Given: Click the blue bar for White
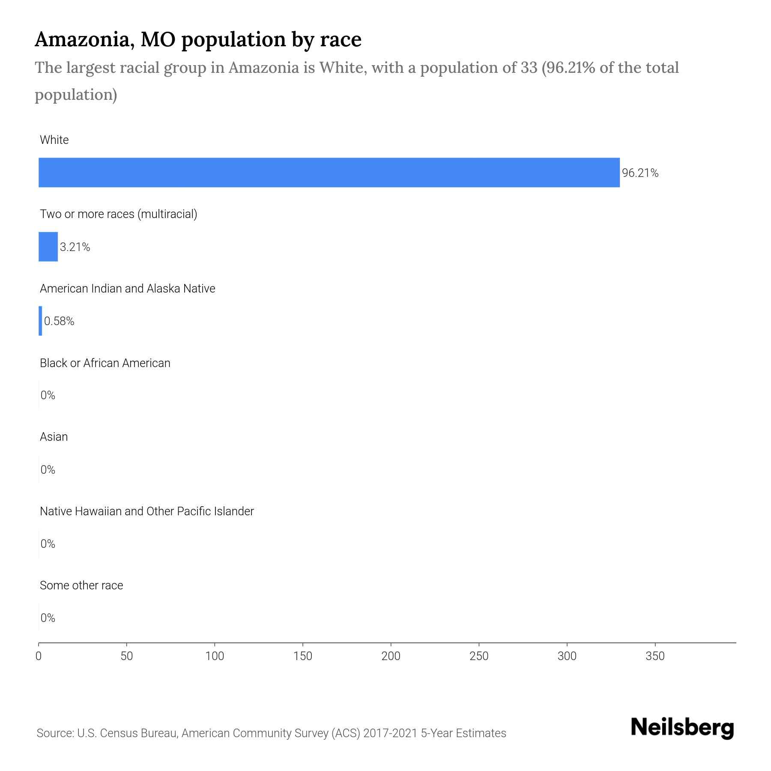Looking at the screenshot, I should pyautogui.click(x=329, y=172).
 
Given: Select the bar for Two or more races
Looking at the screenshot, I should pyautogui.click(x=48, y=247).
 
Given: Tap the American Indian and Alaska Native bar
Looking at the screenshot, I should pyautogui.click(x=40, y=321).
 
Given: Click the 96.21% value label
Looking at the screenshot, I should pyautogui.click(x=640, y=173).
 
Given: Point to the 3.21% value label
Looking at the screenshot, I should pyautogui.click(x=75, y=247).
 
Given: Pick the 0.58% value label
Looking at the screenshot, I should pyautogui.click(x=59, y=321).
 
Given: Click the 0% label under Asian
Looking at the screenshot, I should pyautogui.click(x=48, y=470).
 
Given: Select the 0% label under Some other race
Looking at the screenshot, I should pyautogui.click(x=48, y=618).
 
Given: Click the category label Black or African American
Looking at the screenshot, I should pyautogui.click(x=105, y=363).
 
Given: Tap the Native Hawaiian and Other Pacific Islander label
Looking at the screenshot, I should pyautogui.click(x=146, y=511).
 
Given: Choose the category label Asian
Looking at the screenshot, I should pyautogui.click(x=54, y=437).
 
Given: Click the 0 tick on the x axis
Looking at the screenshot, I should pyautogui.click(x=39, y=656).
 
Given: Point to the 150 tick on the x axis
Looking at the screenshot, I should pyautogui.click(x=303, y=656).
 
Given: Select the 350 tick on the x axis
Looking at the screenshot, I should pyautogui.click(x=655, y=656).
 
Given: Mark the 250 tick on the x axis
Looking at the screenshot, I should pyautogui.click(x=479, y=656).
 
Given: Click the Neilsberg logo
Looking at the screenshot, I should pyautogui.click(x=682, y=728).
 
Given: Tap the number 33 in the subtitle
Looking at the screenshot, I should pyautogui.click(x=529, y=68).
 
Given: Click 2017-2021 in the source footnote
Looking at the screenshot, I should pyautogui.click(x=390, y=733).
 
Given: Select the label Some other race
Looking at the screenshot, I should pyautogui.click(x=81, y=586).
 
